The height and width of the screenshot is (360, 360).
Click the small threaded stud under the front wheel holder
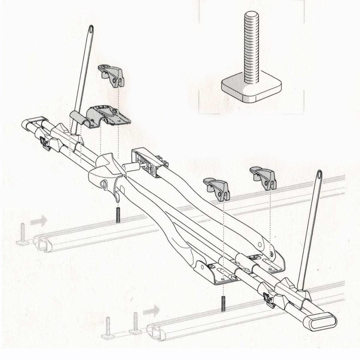[x=118, y=215]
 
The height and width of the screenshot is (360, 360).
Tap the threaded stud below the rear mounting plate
[x=222, y=303]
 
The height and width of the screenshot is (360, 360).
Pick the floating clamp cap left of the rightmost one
[x=217, y=188]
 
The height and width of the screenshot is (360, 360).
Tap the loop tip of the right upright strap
[x=319, y=175]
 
